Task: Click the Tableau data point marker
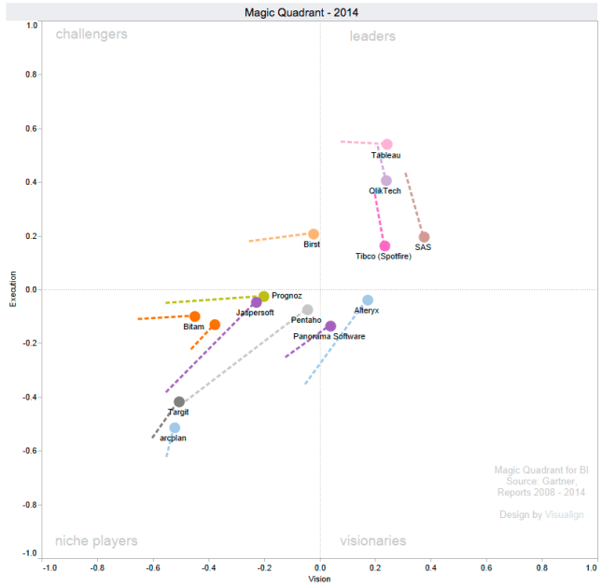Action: pos(386,145)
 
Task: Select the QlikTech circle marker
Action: pos(386,180)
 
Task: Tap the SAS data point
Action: pos(424,237)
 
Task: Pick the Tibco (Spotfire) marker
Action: pos(385,246)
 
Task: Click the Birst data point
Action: pos(314,234)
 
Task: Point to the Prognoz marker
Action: pos(264,296)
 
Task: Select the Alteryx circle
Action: pos(368,300)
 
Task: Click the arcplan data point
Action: pos(175,427)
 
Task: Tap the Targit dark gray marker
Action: pos(179,402)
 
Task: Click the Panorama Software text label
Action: pos(329,336)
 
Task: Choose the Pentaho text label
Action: pos(307,320)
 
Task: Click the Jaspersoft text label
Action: pos(255,313)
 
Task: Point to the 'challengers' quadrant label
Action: pos(91,35)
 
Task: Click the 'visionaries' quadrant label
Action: pos(372,540)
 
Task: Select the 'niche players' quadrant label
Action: pos(96,540)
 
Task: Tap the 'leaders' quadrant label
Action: pos(372,36)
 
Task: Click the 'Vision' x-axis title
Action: pos(320,579)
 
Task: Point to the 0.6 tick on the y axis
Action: pos(31,128)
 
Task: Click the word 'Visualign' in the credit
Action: pos(564,514)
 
